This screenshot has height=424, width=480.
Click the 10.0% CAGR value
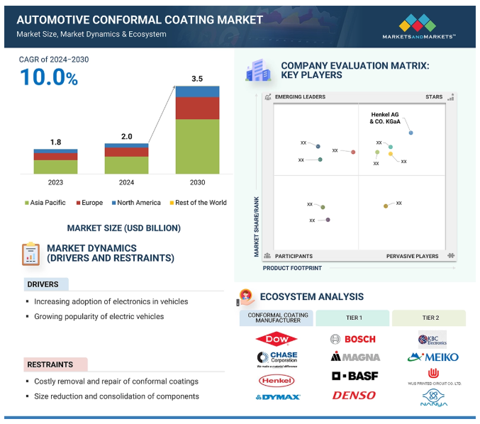coord(48,77)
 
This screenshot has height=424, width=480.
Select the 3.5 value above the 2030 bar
coord(197,79)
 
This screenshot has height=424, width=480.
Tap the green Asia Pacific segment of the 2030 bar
coord(197,146)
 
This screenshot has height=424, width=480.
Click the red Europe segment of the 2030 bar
coord(197,108)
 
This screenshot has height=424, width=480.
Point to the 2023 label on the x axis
coord(55,182)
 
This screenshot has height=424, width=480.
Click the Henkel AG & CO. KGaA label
coord(385,118)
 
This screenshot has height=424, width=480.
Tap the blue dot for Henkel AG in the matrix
coord(411,133)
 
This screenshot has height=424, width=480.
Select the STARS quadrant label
coord(434,96)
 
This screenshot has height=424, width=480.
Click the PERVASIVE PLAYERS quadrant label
coord(412,256)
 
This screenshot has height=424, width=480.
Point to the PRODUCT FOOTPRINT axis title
coord(292,268)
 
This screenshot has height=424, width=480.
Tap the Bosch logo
coord(353,339)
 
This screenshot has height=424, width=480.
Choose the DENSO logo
coord(353,395)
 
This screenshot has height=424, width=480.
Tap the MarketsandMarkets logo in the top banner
coord(418,25)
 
